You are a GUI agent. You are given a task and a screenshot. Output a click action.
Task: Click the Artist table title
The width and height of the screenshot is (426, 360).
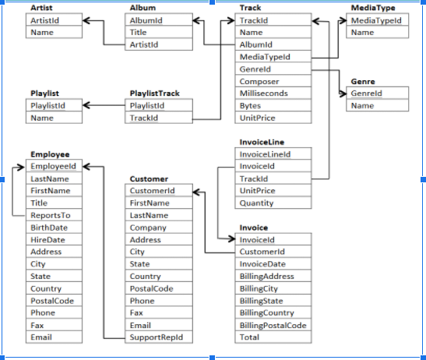41,8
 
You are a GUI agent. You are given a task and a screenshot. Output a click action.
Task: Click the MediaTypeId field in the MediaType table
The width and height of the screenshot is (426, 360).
376,20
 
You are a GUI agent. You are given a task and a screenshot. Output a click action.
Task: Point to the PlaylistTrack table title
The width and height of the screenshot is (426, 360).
154,94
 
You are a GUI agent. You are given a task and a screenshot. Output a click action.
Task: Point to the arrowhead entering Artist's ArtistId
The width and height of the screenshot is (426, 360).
87,20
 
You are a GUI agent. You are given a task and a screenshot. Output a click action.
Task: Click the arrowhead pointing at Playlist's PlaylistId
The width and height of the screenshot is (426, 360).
87,105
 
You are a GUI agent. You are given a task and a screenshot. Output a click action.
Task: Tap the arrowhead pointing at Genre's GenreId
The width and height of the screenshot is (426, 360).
343,94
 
